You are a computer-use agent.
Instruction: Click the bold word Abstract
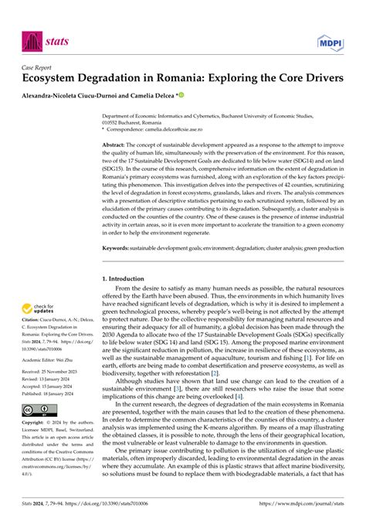tap(114, 145)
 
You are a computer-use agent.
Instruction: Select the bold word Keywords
tap(117, 248)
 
